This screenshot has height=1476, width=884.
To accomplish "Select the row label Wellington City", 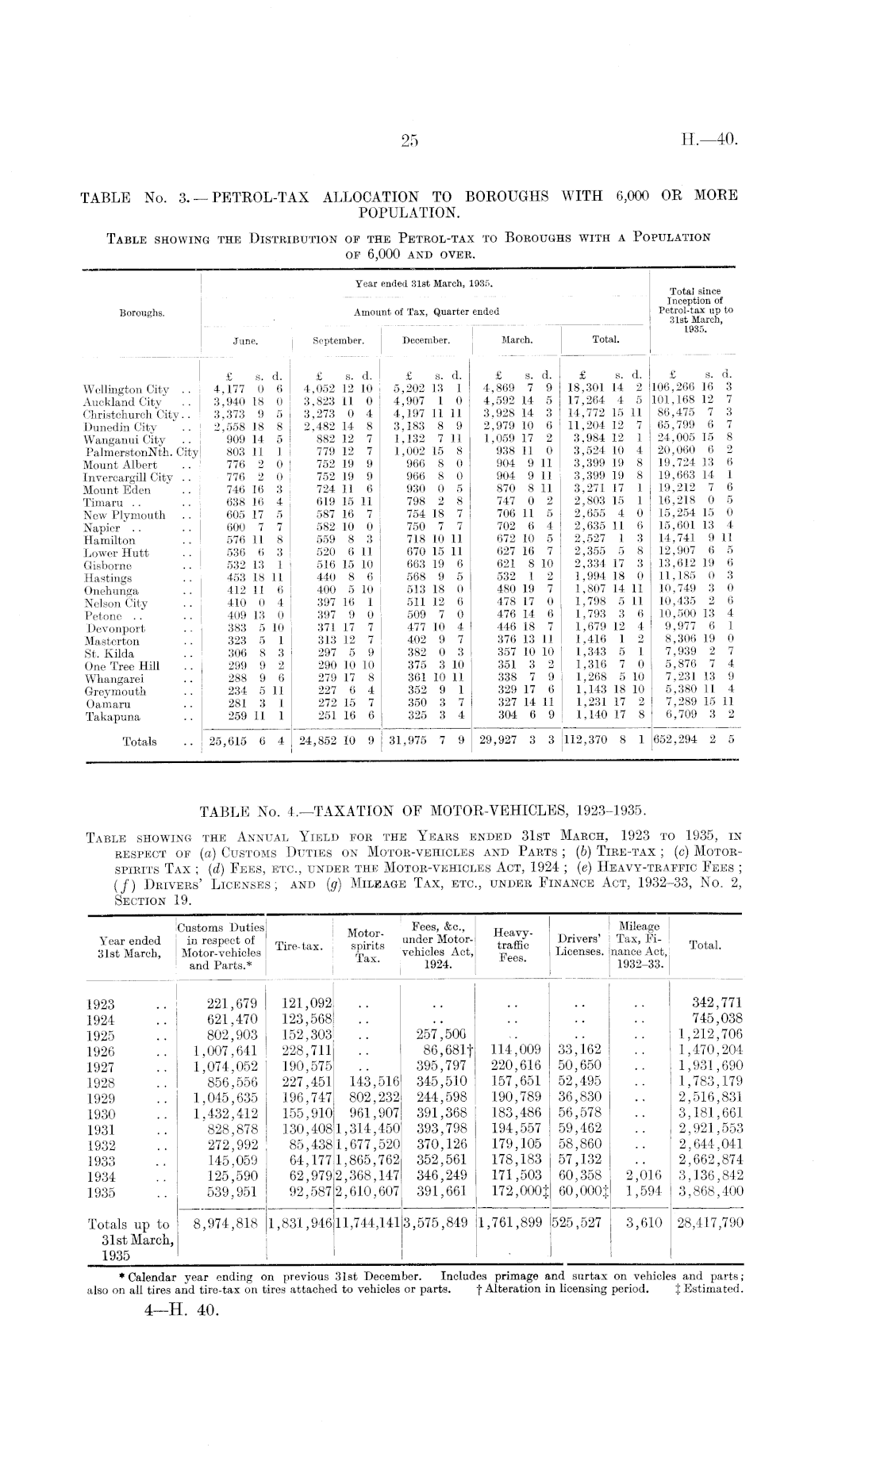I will pyautogui.click(x=126, y=389).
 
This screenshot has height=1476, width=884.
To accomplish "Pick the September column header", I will pyautogui.click(x=338, y=340).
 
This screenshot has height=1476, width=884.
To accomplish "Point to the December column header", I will pyautogui.click(x=426, y=340).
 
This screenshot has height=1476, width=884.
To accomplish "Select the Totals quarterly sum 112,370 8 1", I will pyautogui.click(x=605, y=742).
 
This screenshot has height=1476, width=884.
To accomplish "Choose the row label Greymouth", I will pyautogui.click(x=115, y=691).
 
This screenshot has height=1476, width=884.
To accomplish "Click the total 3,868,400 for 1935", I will pyautogui.click(x=710, y=1190).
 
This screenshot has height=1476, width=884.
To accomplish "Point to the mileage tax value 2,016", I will pyautogui.click(x=644, y=1175).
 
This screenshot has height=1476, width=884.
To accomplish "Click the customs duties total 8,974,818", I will pyautogui.click(x=226, y=1223).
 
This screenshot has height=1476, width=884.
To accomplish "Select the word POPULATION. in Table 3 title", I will pyautogui.click(x=409, y=213).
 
